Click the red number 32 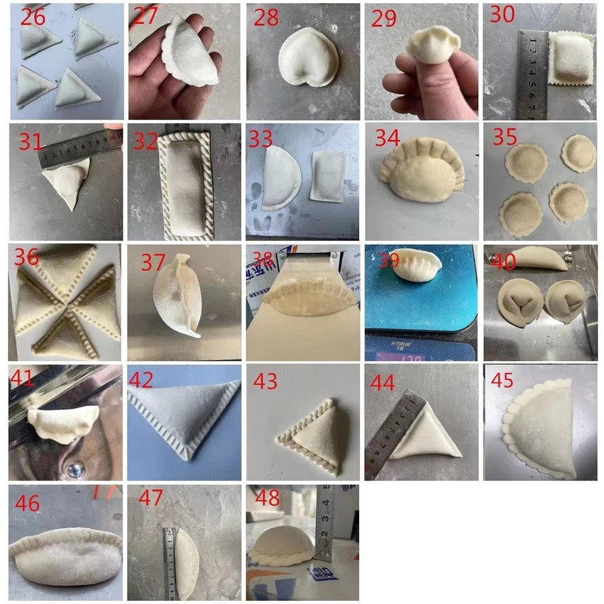coord(145,141)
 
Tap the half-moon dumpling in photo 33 coord(281,178)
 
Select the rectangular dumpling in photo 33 coord(328,176)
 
